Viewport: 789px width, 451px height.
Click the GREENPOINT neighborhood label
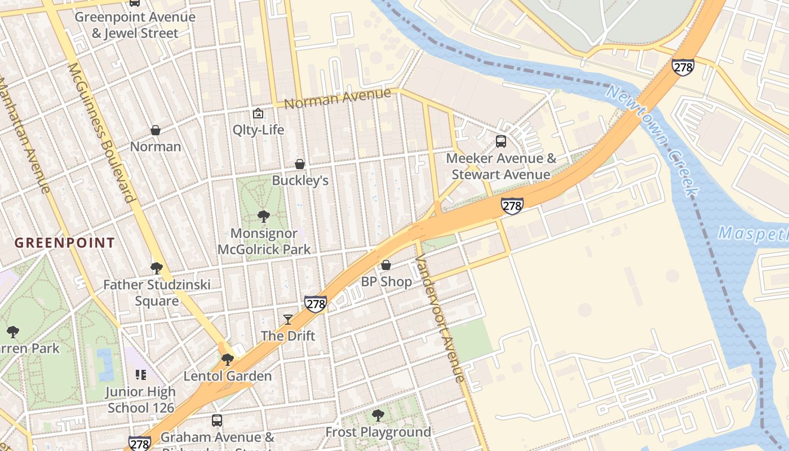pyautogui.click(x=64, y=243)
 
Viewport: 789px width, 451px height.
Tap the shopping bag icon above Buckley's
pyautogui.click(x=300, y=164)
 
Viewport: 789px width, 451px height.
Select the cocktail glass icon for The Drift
pyautogui.click(x=288, y=320)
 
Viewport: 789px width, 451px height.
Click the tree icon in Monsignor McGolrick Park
pyautogui.click(x=263, y=216)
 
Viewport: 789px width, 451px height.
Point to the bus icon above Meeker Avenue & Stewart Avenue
pyautogui.click(x=500, y=142)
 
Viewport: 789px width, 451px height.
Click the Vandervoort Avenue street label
pyautogui.click(x=440, y=319)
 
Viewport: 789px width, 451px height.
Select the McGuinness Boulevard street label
pyautogui.click(x=101, y=132)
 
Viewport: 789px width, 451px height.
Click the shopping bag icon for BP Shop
pyautogui.click(x=386, y=265)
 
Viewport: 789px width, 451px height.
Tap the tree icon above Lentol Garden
pyautogui.click(x=228, y=359)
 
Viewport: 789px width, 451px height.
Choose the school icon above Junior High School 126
pyautogui.click(x=141, y=375)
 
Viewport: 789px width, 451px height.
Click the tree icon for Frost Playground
pyautogui.click(x=378, y=415)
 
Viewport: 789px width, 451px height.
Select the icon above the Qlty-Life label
pyautogui.click(x=258, y=113)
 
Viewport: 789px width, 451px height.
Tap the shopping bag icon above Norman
pyautogui.click(x=156, y=130)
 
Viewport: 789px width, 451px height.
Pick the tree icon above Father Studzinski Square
pyautogui.click(x=157, y=268)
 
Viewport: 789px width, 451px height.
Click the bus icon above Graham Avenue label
pyautogui.click(x=217, y=421)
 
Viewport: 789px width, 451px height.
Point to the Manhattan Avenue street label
pyautogui.click(x=25, y=135)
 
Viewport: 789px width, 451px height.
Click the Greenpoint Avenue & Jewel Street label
pyautogui.click(x=135, y=25)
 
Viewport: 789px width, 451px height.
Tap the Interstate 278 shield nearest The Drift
pyautogui.click(x=316, y=304)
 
